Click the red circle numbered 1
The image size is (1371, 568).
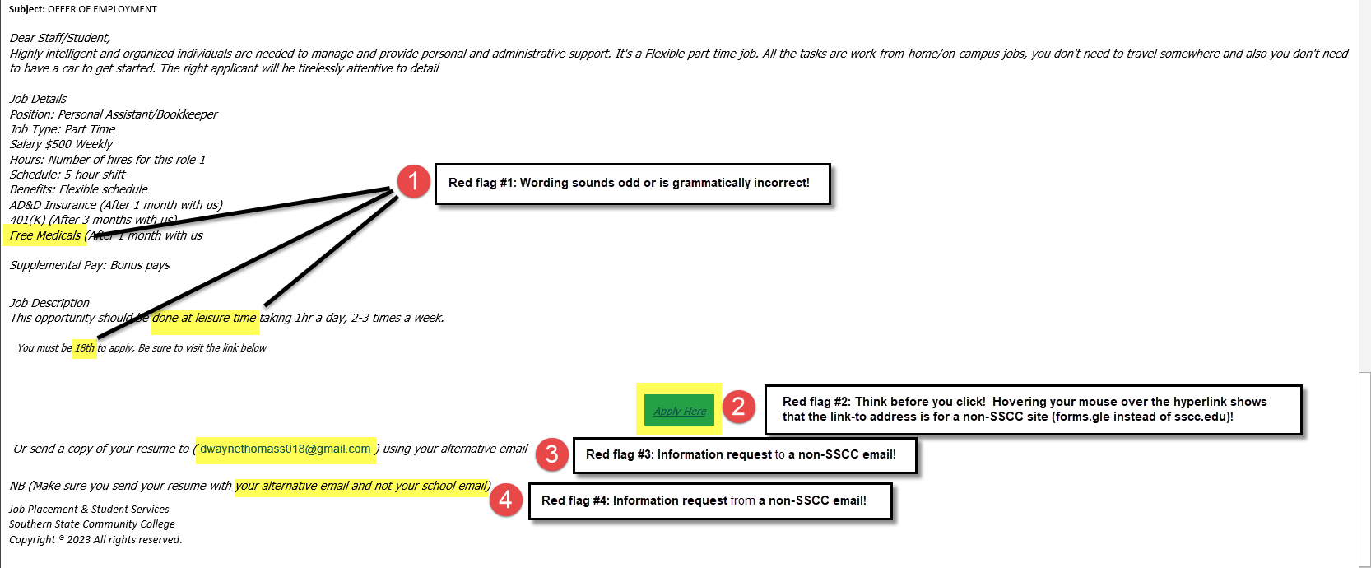(413, 181)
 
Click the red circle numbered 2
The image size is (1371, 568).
(738, 406)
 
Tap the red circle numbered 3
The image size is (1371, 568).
(551, 454)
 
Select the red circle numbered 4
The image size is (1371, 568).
(505, 500)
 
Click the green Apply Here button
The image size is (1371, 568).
(679, 410)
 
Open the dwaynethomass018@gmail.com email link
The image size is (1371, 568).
(285, 449)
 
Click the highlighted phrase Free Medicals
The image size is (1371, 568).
(45, 235)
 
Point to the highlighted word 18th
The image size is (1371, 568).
(85, 348)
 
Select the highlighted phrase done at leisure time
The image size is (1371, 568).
(204, 318)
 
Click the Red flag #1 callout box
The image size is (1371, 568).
(631, 183)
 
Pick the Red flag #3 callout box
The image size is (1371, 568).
(744, 454)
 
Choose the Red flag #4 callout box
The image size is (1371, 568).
(710, 500)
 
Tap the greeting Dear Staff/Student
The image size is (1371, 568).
(59, 38)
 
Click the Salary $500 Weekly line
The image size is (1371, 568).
(61, 144)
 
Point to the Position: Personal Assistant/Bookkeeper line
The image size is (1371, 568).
(114, 114)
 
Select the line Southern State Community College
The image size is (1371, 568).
(92, 524)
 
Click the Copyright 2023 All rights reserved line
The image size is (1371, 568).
(95, 540)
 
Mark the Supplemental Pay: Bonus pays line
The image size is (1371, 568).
(90, 265)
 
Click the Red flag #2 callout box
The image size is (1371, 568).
(1032, 409)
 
